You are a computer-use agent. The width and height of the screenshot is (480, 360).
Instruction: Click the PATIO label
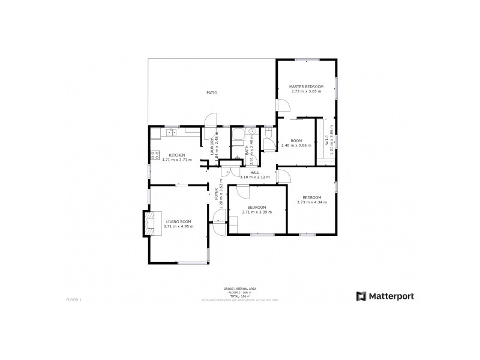coord(212,93)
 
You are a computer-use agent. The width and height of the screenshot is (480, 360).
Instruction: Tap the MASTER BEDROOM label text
coord(307,87)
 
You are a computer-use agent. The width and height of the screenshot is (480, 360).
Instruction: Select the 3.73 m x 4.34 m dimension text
coord(311,202)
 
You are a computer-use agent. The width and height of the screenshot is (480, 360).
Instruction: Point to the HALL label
coord(254,172)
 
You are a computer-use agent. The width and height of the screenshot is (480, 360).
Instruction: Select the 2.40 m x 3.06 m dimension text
coord(296,146)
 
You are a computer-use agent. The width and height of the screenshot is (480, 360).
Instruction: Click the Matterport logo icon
coord(361,296)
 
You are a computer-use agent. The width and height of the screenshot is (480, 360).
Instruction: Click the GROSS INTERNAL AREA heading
coord(239,289)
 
